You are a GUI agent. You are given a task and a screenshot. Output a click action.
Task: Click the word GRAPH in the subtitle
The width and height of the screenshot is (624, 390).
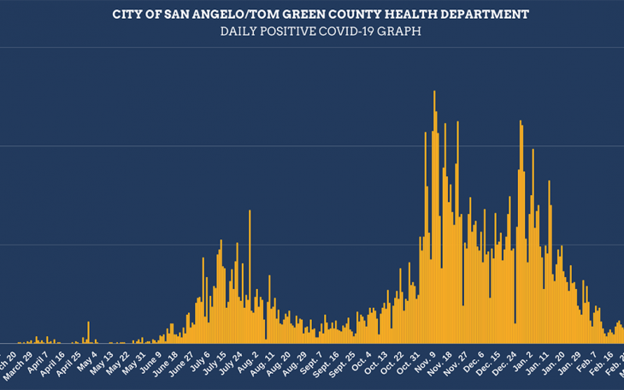pos(403,32)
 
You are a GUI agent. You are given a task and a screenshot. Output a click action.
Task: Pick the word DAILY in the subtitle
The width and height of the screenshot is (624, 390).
pos(240,32)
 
